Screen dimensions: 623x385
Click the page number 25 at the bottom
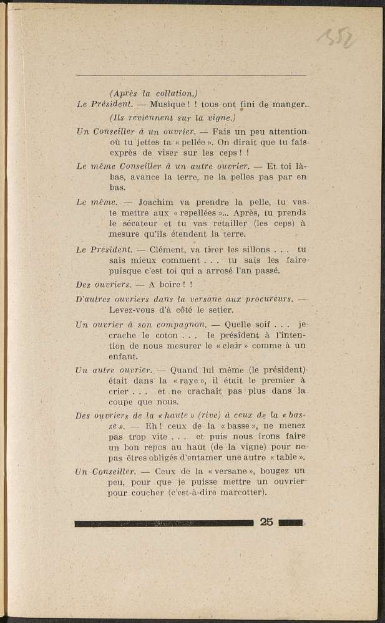[x=266, y=522]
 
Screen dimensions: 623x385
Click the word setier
[x=220, y=310]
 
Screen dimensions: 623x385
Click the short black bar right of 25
[x=291, y=523]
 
